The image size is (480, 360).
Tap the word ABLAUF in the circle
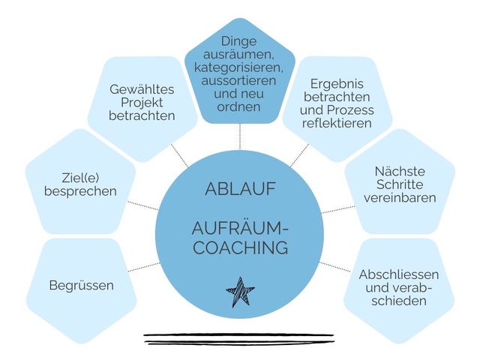click(239, 188)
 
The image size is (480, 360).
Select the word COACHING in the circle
click(239, 247)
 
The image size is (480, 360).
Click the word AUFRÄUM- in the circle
click(239, 227)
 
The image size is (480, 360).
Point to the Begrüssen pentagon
click(81, 286)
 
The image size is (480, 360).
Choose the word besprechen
click(81, 191)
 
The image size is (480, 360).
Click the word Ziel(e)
click(81, 177)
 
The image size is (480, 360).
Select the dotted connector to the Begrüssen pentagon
click(143, 267)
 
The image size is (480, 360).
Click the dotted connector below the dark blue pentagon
click(240, 135)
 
